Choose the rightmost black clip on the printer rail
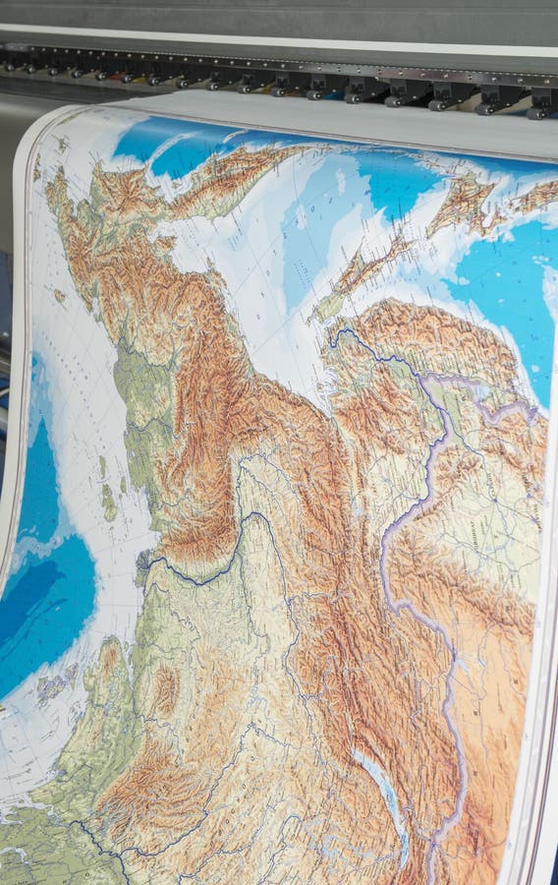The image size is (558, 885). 541,104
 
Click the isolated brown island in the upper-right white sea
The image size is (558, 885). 462,197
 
